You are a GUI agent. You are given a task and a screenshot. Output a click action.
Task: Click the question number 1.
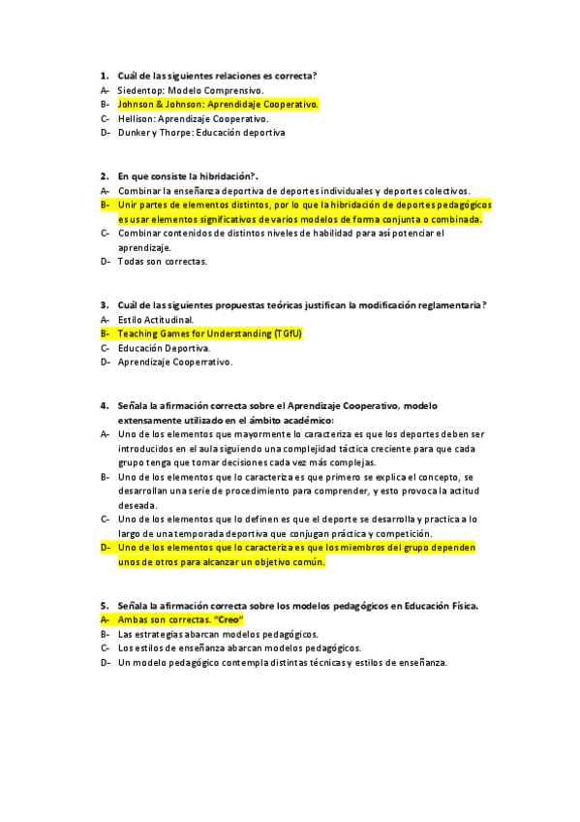coord(104,76)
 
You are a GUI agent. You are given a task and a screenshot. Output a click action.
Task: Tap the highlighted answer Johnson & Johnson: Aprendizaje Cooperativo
coord(218,104)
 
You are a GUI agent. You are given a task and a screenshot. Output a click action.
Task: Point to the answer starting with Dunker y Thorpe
coord(201,133)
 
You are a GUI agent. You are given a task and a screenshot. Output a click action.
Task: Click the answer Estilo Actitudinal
coord(155,319)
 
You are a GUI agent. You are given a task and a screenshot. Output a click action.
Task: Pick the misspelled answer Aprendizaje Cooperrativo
coord(175,363)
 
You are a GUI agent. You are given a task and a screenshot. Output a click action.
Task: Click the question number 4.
coord(104,406)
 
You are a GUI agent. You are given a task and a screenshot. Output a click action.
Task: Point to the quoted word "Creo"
coord(230,619)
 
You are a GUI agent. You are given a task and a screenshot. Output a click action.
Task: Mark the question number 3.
coord(104,305)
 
